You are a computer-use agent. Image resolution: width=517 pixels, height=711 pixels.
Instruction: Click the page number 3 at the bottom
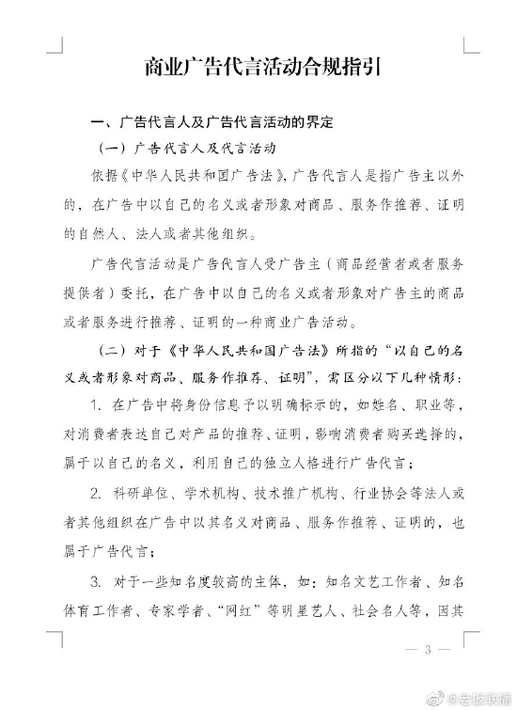pyautogui.click(x=428, y=650)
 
